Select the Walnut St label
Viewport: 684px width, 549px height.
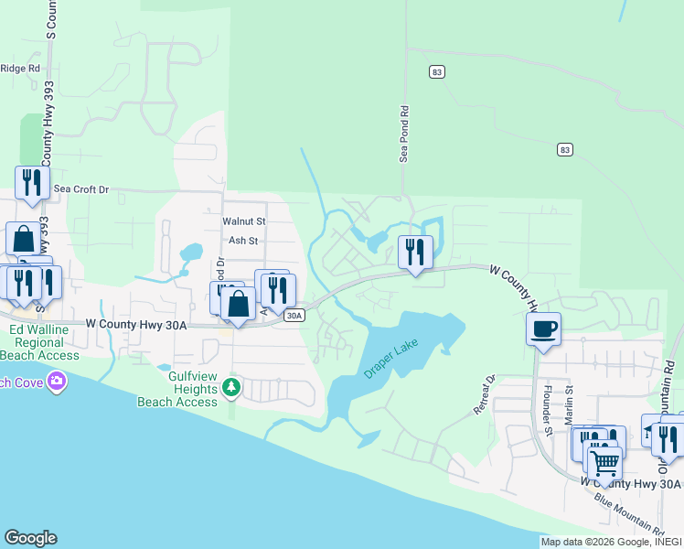click(x=243, y=221)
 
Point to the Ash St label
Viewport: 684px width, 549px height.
click(x=243, y=241)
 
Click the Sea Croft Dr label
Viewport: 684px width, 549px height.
click(x=81, y=189)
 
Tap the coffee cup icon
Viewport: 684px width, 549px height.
click(x=544, y=328)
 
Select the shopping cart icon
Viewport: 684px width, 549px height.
click(x=604, y=463)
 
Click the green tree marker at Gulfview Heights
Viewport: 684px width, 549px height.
click(x=232, y=388)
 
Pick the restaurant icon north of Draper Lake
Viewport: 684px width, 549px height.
click(x=415, y=251)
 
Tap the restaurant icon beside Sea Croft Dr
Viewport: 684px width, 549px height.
click(x=32, y=182)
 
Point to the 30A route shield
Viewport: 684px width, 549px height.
click(x=293, y=316)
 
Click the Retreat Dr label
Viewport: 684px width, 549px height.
click(x=484, y=395)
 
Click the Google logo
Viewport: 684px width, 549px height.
click(x=30, y=538)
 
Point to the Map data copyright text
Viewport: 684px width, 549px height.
click(x=611, y=542)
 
